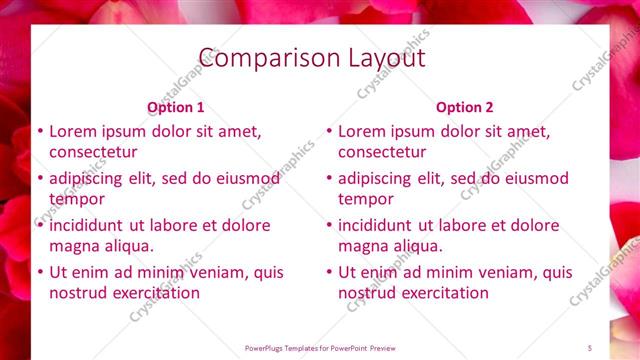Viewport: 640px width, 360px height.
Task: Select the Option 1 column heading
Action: [x=175, y=107]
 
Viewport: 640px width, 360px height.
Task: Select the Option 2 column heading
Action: [x=464, y=107]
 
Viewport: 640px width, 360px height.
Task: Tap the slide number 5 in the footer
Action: [x=590, y=347]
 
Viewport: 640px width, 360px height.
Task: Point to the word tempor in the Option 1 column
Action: [x=76, y=199]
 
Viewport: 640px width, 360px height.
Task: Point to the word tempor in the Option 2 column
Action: [x=365, y=199]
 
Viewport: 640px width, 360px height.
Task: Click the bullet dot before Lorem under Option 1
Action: [x=39, y=131]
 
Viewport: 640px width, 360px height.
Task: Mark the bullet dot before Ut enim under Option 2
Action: [x=328, y=272]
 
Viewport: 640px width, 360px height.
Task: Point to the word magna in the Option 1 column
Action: [x=74, y=246]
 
